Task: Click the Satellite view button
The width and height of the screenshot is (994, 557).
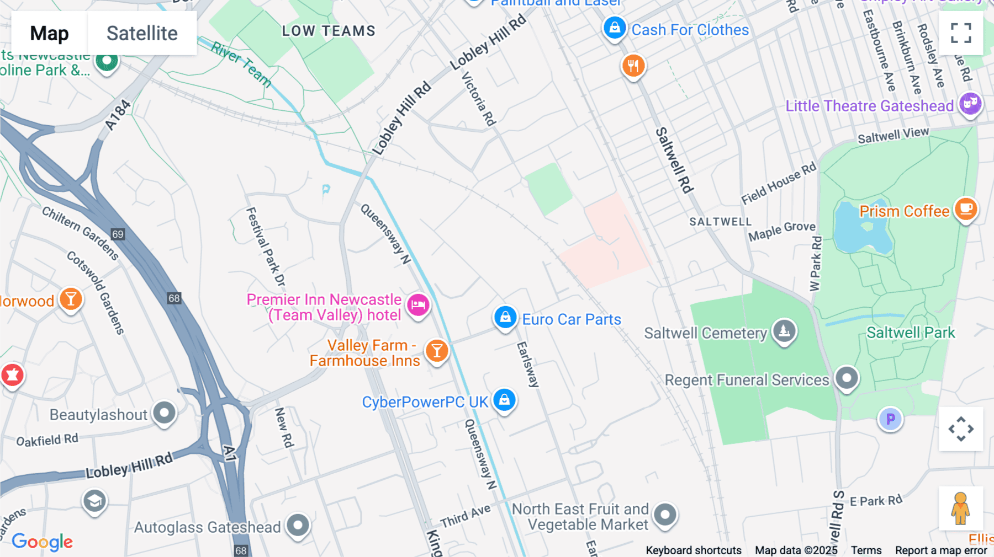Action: [x=142, y=33]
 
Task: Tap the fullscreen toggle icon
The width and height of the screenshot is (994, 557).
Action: [x=961, y=33]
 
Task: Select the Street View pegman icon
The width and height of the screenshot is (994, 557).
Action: [x=960, y=508]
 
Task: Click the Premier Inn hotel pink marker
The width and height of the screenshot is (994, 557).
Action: [x=418, y=304]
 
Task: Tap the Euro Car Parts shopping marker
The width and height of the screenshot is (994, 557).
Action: [x=505, y=318]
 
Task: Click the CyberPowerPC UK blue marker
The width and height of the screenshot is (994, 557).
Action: [x=504, y=400]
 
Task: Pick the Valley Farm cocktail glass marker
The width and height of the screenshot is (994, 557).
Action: [x=437, y=350]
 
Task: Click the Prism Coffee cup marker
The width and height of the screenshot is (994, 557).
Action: [x=966, y=208]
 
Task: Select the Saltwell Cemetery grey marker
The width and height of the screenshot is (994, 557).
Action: [x=784, y=331]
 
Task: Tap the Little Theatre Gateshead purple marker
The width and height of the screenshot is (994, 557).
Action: [x=970, y=103]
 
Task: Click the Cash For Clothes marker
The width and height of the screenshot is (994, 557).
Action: [x=614, y=27]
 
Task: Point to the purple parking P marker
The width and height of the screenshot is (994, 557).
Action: [x=890, y=419]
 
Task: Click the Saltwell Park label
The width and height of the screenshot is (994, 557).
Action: [x=910, y=333]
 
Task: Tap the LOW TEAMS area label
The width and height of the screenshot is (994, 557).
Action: [x=329, y=31]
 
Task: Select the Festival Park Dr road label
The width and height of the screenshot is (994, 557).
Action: [x=266, y=247]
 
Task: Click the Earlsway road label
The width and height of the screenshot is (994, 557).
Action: [x=527, y=364]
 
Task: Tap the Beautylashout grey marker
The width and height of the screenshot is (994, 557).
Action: [x=164, y=413]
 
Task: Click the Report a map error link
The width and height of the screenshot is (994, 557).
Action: [x=941, y=550]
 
